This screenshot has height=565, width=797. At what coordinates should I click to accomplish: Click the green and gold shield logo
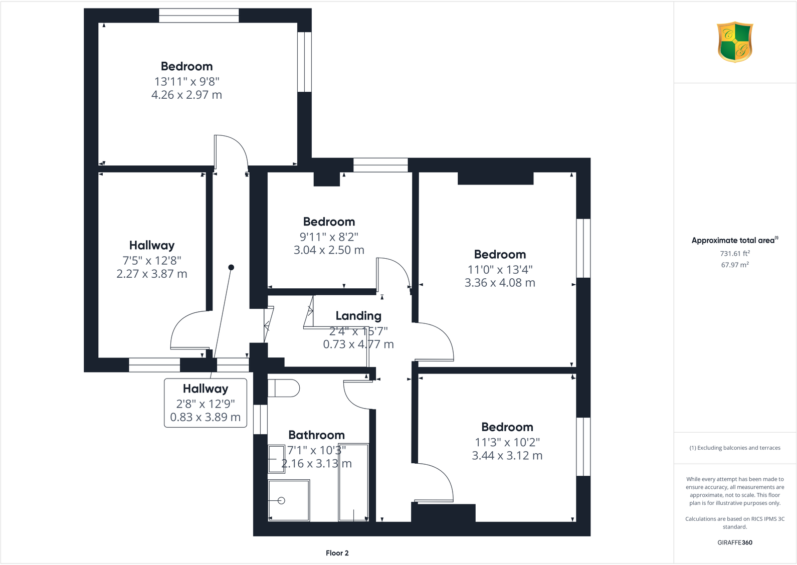pos(735,42)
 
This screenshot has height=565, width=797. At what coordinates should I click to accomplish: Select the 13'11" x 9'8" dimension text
pos(186,81)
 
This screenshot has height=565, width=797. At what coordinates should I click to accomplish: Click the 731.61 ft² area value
pos(734,254)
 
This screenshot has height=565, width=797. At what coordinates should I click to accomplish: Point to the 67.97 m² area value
pos(734,265)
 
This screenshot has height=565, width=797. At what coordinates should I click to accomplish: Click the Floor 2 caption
pos(337,553)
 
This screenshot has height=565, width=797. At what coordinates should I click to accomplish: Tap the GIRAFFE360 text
pos(734,542)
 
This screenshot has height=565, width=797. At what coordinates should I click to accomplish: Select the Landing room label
pos(358,316)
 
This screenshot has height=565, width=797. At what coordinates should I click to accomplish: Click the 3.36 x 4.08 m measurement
pos(500,283)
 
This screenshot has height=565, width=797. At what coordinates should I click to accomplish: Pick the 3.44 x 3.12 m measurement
pos(507,456)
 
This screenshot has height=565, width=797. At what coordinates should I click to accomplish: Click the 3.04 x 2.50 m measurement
pos(329,250)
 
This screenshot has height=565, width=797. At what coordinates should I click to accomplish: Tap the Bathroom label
pos(316,435)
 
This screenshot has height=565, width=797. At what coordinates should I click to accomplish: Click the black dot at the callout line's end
pos(231,267)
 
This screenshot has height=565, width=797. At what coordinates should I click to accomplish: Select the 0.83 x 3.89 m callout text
pos(205,417)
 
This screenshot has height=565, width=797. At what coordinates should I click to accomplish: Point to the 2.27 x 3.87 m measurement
pos(151,274)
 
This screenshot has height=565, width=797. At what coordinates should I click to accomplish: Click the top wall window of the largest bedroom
pos(199,16)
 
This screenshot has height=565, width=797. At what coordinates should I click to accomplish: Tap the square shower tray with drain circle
pos(289,500)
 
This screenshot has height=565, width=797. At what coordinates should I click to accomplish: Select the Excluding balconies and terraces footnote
pos(734,448)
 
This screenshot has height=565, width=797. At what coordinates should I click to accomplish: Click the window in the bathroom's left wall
pos(260,419)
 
